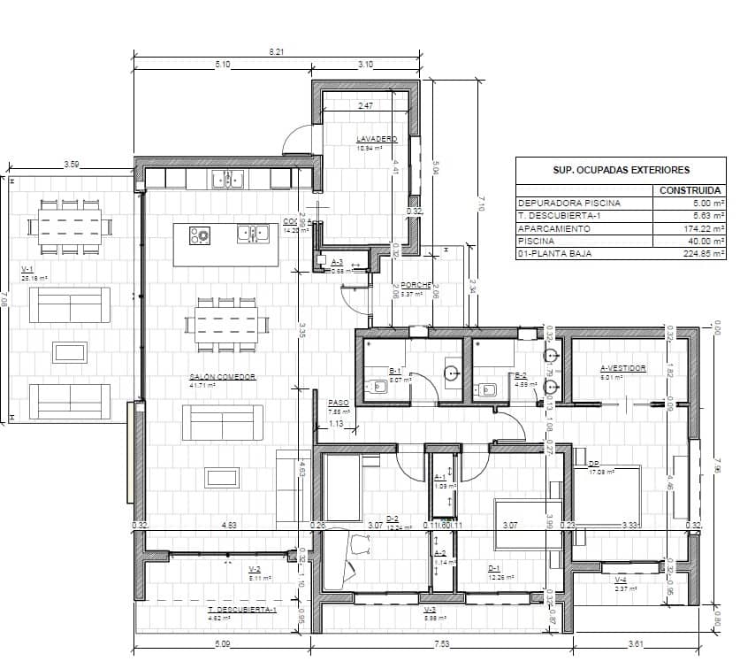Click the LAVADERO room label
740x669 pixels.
377,140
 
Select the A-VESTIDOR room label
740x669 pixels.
623,368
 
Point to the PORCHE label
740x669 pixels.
416,285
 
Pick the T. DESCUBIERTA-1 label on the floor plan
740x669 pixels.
241,610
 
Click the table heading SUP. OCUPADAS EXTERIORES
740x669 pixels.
621,170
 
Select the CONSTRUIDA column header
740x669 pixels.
690,190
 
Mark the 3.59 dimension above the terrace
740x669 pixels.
72,165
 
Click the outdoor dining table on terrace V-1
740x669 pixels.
70,226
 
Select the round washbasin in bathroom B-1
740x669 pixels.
452,373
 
